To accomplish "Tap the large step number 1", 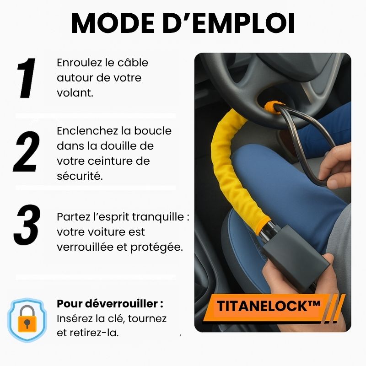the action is click(26, 78).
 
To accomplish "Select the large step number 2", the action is click(27, 151).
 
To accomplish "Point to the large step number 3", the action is click(27, 225).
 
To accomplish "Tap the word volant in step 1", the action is click(75, 93).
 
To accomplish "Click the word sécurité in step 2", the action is click(80, 176).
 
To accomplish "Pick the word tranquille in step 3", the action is click(158, 217).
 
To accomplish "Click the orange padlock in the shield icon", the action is click(27, 318).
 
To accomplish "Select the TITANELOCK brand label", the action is click(269, 306).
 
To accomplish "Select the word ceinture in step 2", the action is click(119, 161).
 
